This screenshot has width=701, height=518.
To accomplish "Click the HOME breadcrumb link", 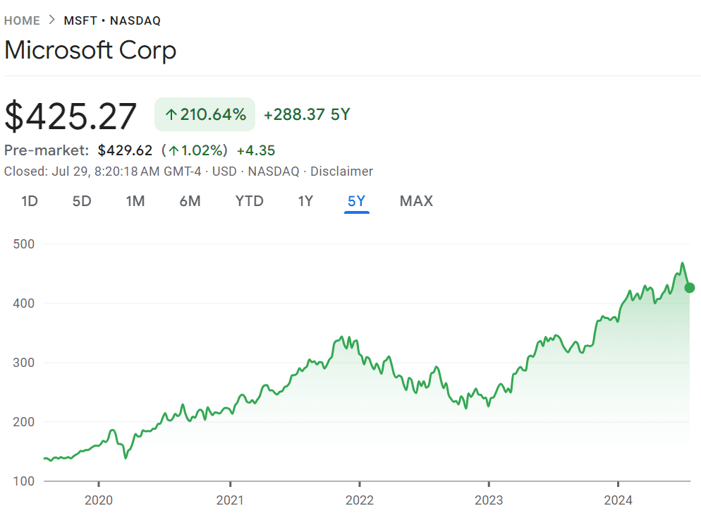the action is (x=22, y=20).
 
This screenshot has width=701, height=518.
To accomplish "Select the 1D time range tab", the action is (x=30, y=201).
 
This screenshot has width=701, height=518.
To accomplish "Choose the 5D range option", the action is (x=82, y=201).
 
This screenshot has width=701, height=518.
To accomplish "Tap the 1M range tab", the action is (x=135, y=201).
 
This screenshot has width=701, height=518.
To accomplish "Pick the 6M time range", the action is (x=190, y=201).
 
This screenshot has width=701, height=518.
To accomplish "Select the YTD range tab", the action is (x=250, y=201).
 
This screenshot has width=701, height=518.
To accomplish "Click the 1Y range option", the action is (x=306, y=201).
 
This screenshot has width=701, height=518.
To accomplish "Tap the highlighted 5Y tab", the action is (x=357, y=201).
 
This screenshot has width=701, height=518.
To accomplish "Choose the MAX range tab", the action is (x=416, y=201).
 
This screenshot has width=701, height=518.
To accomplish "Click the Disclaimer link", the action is (x=341, y=171).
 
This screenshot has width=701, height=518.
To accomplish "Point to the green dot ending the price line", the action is (x=690, y=288).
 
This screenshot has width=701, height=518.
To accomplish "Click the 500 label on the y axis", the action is (x=24, y=243).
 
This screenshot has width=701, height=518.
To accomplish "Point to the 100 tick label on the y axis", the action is (x=24, y=481).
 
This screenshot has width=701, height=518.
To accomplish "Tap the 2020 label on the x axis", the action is (x=99, y=500).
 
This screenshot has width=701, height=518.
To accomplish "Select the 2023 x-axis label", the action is (x=489, y=500).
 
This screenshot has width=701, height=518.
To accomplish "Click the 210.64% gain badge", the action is (x=205, y=114).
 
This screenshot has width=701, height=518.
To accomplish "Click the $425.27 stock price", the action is (x=71, y=116).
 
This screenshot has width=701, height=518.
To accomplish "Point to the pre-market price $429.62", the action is (x=126, y=150).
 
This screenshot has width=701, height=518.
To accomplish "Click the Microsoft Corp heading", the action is (x=90, y=50).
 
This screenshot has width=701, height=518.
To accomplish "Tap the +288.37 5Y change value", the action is (x=307, y=114).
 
